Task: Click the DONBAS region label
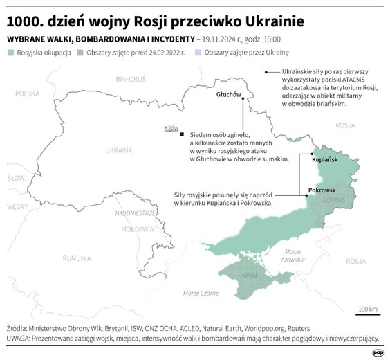click(333, 200)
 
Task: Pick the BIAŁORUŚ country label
click(131, 80)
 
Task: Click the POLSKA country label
click(29, 93)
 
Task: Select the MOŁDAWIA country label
click(136, 228)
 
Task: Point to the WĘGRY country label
click(17, 206)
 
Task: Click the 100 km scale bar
click(366, 313)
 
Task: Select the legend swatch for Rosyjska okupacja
click(10, 52)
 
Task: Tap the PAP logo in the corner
click(378, 352)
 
